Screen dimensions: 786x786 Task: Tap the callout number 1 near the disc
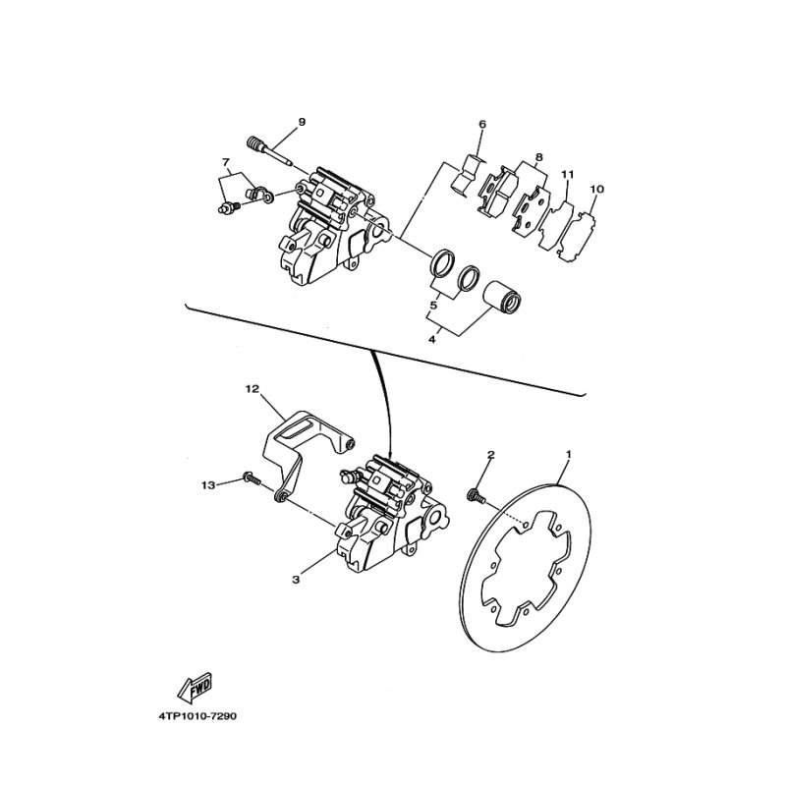(568, 454)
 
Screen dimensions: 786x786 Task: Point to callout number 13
(206, 485)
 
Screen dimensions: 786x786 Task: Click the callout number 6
(482, 125)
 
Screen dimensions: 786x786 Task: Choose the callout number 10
(596, 189)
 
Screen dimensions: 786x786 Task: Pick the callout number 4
(430, 340)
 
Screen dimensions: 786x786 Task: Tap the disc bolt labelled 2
(478, 495)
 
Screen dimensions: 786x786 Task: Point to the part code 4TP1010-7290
(196, 716)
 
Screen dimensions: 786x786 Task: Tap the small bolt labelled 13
(250, 480)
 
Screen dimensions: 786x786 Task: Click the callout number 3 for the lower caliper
(295, 580)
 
